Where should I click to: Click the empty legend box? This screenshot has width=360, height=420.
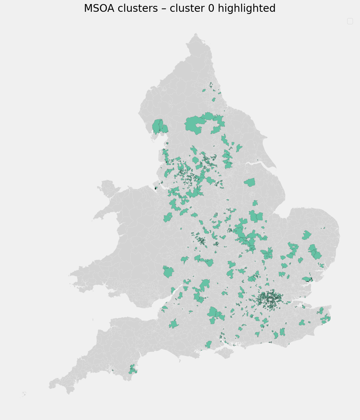350,21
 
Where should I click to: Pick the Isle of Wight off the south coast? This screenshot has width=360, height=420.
223,353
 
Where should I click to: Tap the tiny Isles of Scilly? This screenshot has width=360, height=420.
24,393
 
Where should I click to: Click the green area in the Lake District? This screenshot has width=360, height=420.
159,126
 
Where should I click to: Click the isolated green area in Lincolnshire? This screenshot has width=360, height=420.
250,182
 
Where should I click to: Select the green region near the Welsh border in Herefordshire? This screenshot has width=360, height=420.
168,272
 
